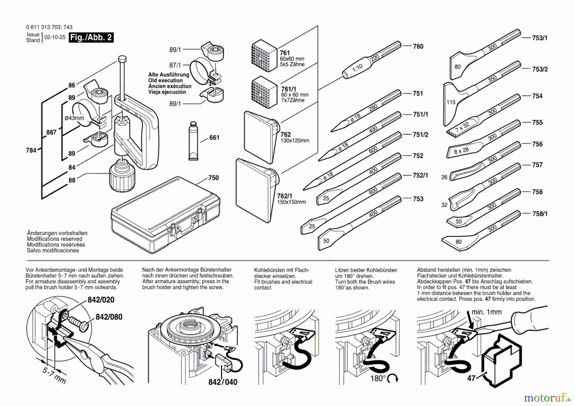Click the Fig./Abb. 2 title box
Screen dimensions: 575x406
[x=91, y=37]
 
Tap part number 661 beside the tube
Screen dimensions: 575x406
[x=214, y=138]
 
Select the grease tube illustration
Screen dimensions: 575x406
[x=193, y=141]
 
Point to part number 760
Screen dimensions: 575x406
[x=418, y=46]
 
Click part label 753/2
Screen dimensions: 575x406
[x=540, y=69]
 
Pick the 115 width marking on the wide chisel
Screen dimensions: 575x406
[x=451, y=102]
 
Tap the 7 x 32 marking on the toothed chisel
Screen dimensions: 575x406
[x=462, y=127]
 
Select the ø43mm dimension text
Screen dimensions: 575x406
[x=74, y=118]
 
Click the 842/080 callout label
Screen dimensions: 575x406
[x=109, y=317]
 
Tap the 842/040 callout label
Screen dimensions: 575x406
[x=223, y=382]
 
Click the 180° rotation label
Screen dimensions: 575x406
[x=378, y=379]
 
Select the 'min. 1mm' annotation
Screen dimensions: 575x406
[x=487, y=312]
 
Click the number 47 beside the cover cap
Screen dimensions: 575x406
[x=471, y=378]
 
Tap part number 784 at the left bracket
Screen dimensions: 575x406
[x=31, y=150]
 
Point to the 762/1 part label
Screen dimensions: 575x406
[x=284, y=196]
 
